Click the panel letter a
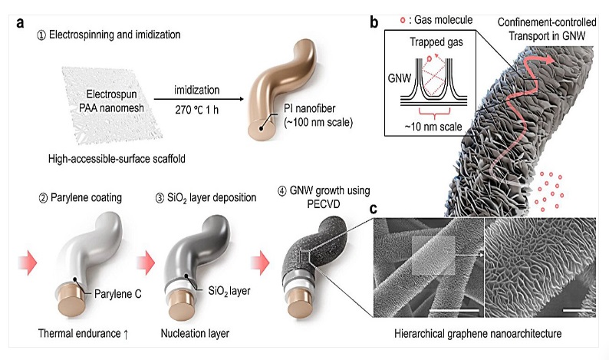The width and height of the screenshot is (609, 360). pyautogui.click(x=20, y=23)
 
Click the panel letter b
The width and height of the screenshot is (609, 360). pyautogui.click(x=374, y=22)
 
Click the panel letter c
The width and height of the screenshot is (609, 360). pyautogui.click(x=374, y=209)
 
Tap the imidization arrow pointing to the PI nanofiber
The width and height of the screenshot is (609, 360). pyautogui.click(x=199, y=99)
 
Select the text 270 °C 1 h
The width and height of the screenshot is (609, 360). pyautogui.click(x=196, y=110)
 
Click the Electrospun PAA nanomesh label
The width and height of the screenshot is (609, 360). pyautogui.click(x=111, y=101)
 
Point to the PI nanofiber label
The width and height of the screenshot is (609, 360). pyautogui.click(x=318, y=115)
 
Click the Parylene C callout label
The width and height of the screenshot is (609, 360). pyautogui.click(x=117, y=293)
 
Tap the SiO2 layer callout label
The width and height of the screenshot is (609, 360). pyautogui.click(x=229, y=291)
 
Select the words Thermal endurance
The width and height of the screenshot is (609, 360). pyautogui.click(x=79, y=334)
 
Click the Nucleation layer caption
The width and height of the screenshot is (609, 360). pyautogui.click(x=195, y=334)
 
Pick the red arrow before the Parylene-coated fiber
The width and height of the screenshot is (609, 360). pyautogui.click(x=28, y=263)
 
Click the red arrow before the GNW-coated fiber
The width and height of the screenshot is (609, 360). pyautogui.click(x=260, y=263)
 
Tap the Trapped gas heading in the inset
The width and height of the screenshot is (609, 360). pyautogui.click(x=436, y=42)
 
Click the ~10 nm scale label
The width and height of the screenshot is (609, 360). pyautogui.click(x=433, y=127)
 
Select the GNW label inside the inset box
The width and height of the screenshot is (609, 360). pyautogui.click(x=400, y=78)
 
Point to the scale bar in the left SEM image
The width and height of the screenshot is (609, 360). pyautogui.click(x=454, y=310)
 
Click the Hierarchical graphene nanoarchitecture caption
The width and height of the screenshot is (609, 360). pyautogui.click(x=478, y=334)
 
